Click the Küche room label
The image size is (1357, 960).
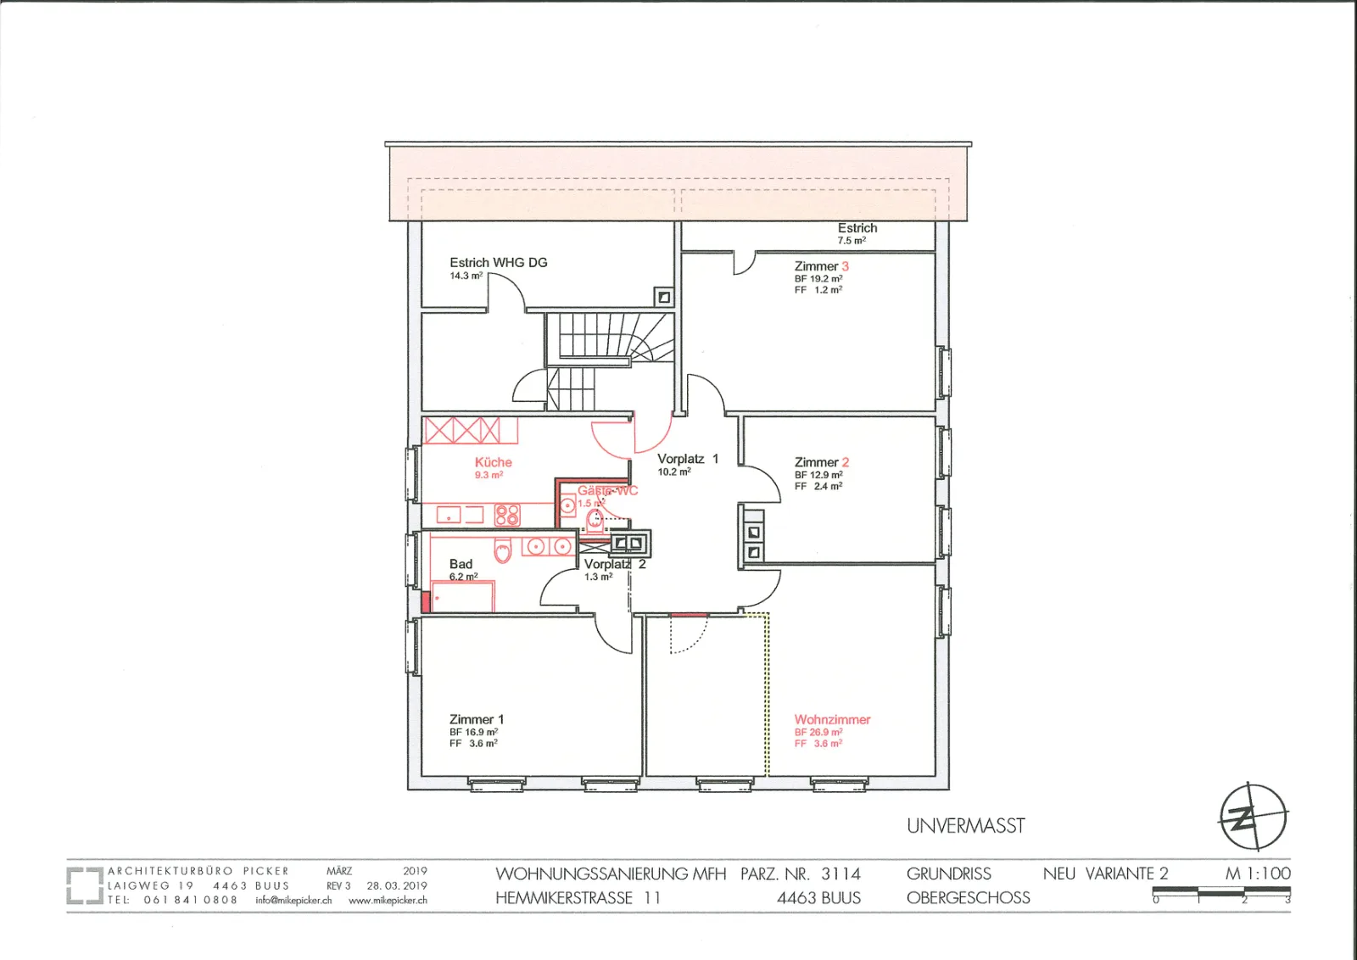(493, 462)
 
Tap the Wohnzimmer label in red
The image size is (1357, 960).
(832, 719)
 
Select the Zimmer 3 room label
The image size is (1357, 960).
(822, 266)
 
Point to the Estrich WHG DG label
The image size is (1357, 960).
(498, 262)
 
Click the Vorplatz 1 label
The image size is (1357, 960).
(688, 459)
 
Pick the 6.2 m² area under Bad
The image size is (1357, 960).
(463, 577)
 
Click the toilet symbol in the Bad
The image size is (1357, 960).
(503, 550)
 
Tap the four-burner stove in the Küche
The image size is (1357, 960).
(507, 515)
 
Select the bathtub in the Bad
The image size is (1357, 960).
(462, 596)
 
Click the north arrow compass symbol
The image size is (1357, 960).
(1253, 817)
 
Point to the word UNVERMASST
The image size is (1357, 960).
(966, 825)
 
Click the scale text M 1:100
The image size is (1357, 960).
(1258, 873)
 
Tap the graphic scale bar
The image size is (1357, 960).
(1221, 891)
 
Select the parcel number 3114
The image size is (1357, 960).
(840, 873)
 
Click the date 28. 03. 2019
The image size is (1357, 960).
(397, 885)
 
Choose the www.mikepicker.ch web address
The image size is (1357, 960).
(388, 900)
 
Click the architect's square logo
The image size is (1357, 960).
(85, 885)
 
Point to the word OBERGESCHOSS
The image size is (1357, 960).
(968, 897)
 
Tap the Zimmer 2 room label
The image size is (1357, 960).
(822, 462)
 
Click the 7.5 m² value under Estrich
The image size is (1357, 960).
(852, 241)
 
